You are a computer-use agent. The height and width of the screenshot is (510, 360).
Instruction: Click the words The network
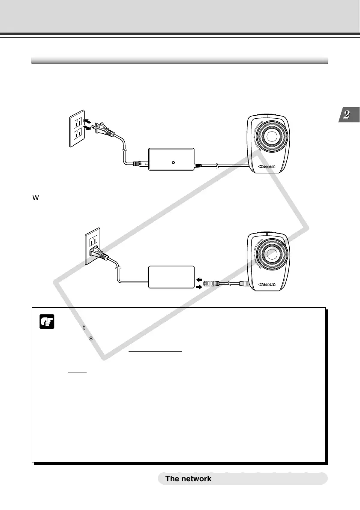(188, 479)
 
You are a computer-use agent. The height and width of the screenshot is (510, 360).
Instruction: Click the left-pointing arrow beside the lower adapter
(198, 279)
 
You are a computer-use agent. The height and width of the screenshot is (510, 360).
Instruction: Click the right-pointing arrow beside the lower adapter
(198, 288)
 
